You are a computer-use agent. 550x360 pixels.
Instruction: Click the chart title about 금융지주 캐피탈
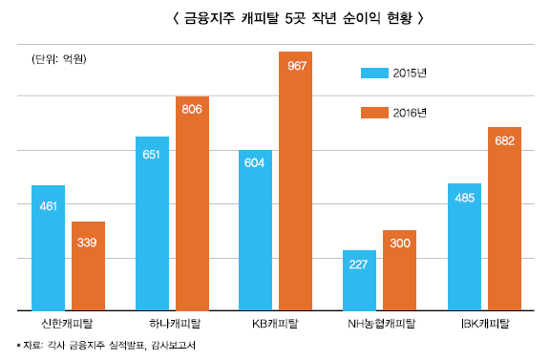click(x=274, y=18)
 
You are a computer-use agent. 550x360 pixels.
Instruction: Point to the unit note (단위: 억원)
click(x=60, y=60)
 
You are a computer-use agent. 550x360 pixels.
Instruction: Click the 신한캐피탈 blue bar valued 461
click(x=48, y=248)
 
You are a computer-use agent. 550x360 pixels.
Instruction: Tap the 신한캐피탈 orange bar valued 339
click(x=88, y=266)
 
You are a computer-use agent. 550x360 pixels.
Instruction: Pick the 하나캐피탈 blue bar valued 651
click(x=152, y=223)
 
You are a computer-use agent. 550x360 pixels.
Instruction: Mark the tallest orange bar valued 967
click(x=296, y=181)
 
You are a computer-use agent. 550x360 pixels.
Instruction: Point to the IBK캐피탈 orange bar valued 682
click(x=504, y=219)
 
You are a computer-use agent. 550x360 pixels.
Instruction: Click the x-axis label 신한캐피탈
click(x=68, y=324)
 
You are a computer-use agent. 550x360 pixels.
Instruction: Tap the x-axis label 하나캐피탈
click(x=173, y=324)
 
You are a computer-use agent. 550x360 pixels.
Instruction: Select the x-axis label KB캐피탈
click(x=276, y=324)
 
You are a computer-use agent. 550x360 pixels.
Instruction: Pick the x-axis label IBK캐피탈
click(x=484, y=324)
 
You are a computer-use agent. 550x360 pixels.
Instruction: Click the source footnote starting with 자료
click(x=105, y=346)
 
